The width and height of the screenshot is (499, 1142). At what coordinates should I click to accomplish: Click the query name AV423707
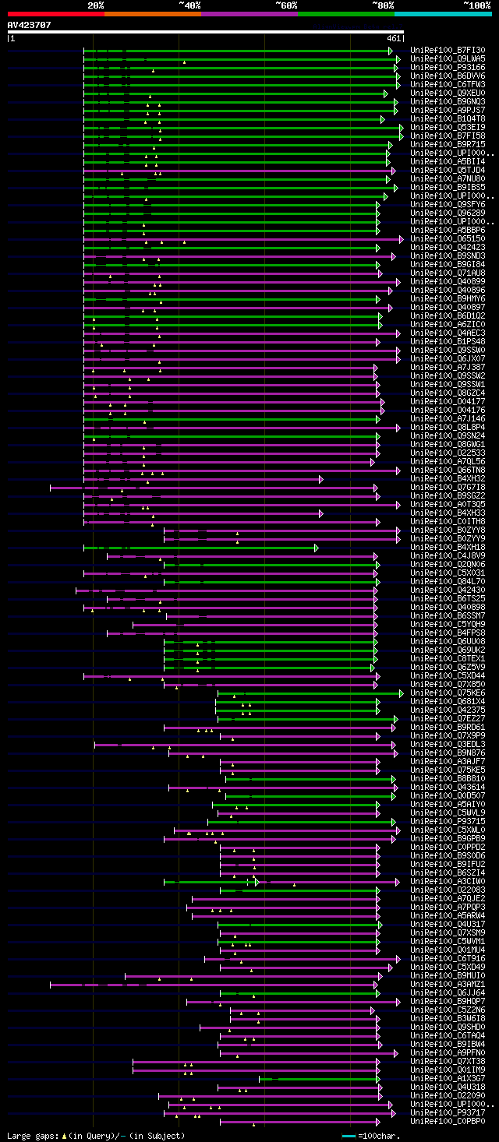[29, 25]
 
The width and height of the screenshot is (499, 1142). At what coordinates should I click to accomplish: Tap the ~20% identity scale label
[95, 5]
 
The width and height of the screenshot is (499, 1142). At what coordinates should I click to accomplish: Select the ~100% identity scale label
[476, 5]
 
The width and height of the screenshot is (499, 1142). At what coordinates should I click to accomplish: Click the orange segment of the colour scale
[152, 13]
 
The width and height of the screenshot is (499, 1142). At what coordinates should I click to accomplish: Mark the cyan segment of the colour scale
[442, 13]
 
